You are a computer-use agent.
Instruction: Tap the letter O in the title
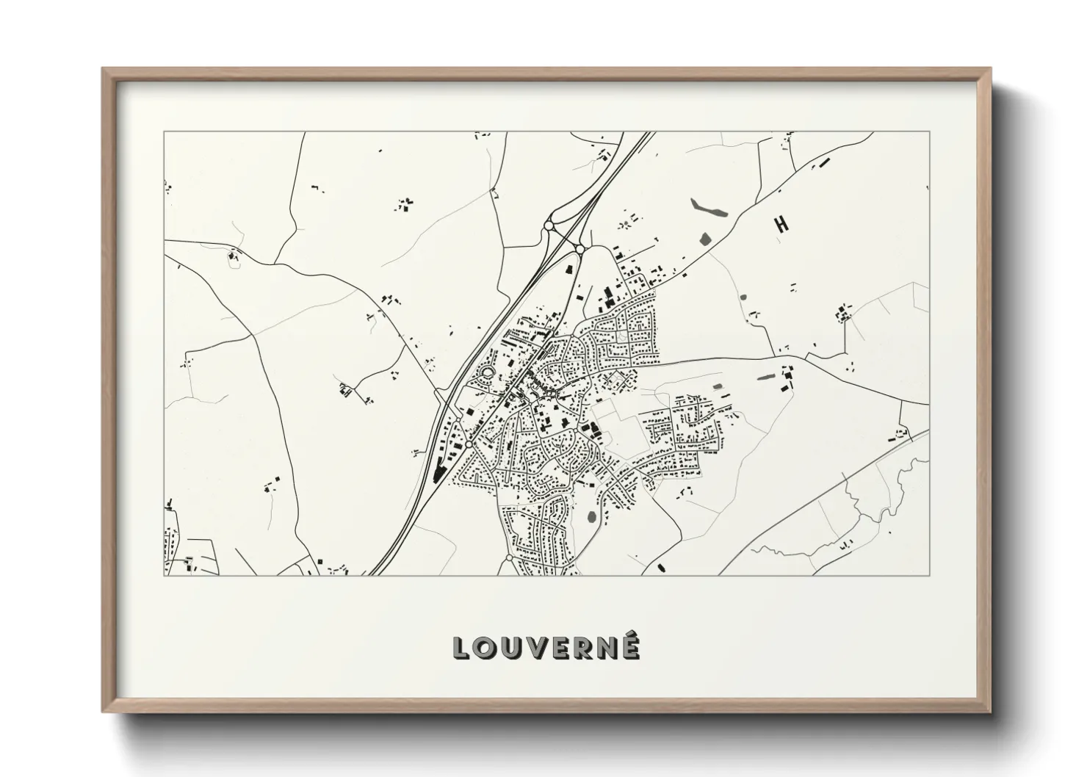click(485, 647)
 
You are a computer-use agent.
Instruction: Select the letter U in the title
click(511, 647)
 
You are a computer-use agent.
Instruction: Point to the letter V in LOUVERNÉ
click(536, 647)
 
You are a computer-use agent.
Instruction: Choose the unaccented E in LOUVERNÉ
click(560, 647)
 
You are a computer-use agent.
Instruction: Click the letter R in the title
click(583, 647)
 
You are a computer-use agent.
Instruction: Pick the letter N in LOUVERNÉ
click(608, 647)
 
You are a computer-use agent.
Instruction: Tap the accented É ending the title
click(632, 646)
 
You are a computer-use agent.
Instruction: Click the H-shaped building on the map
click(781, 224)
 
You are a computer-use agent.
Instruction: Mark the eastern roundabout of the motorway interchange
click(579, 250)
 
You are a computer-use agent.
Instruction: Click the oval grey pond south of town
click(592, 516)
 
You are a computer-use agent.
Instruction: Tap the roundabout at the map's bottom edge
click(509, 560)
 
